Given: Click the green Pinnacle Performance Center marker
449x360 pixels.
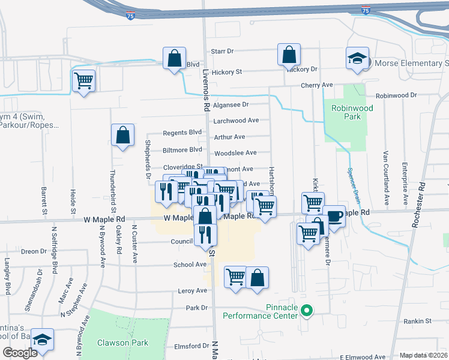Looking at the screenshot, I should click(307, 311).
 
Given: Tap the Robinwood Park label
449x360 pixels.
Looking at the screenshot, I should click(346, 113).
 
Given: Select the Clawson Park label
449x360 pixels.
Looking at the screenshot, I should click(122, 343).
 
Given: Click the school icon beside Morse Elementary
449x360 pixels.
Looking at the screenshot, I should click(357, 59).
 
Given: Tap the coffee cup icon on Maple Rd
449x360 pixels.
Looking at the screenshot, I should click(334, 216).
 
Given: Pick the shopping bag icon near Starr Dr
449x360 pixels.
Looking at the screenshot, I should click(289, 55).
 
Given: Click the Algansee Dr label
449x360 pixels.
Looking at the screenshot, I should click(231, 104).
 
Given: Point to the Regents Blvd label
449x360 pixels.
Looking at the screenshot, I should click(182, 133).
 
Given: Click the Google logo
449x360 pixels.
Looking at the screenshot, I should click(20, 353).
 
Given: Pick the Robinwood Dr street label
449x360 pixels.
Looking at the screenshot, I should click(396, 95).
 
